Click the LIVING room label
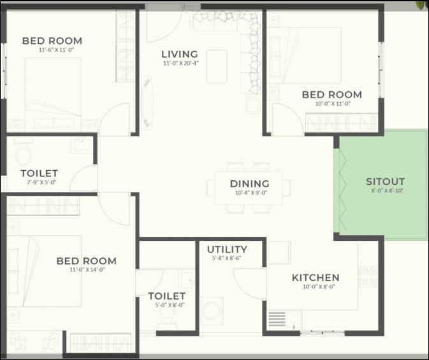[180, 54]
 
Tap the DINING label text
[249, 184]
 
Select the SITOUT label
[385, 182]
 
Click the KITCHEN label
[316, 278]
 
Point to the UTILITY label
[227, 250]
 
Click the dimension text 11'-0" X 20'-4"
[181, 63]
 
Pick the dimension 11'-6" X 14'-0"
[87, 270]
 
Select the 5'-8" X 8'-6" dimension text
[226, 258]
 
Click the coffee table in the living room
[217, 66]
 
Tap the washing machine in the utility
[212, 311]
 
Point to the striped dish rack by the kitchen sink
[277, 319]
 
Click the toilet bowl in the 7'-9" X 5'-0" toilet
[23, 154]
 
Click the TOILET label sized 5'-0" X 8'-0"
[167, 296]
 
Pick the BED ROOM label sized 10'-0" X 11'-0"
[332, 95]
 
